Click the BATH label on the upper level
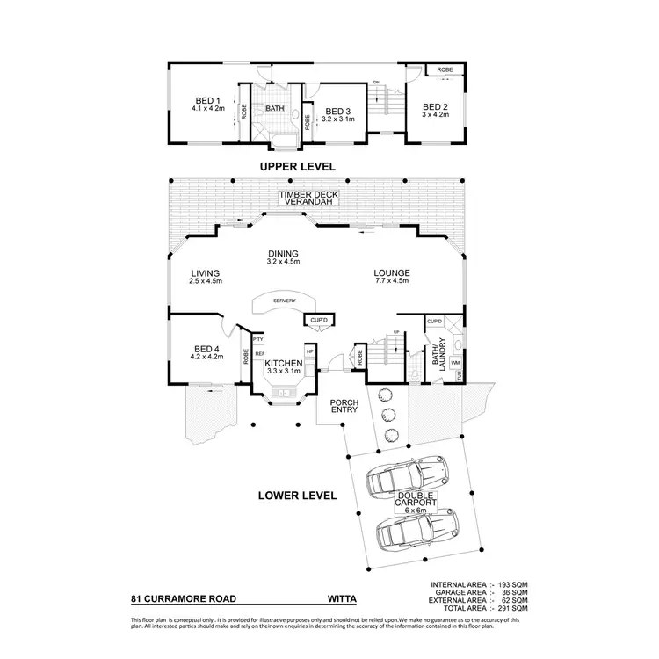pos(276,109)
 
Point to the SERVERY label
pos(283,301)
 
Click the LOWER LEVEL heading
pos(298,496)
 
